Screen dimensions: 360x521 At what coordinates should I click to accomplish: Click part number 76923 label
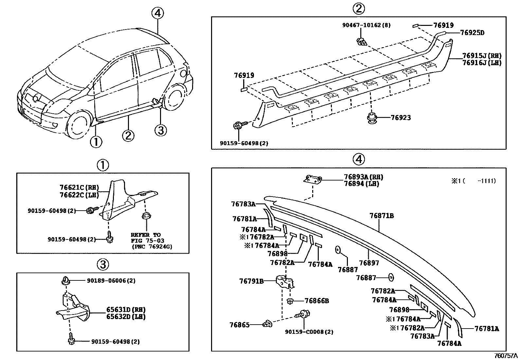pyautogui.click(x=401, y=118)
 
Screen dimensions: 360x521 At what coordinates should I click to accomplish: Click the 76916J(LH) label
pyautogui.click(x=482, y=63)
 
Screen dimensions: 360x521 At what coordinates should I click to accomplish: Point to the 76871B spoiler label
pyautogui.click(x=382, y=216)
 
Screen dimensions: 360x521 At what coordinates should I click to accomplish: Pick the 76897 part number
pyautogui.click(x=369, y=263)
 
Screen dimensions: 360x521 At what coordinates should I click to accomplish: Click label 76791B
pyautogui.click(x=251, y=281)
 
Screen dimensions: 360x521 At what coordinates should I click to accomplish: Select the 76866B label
pyautogui.click(x=316, y=301)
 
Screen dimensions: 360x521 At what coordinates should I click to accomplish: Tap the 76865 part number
pyautogui.click(x=240, y=325)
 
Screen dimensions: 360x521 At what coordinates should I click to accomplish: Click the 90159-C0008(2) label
pyautogui.click(x=309, y=332)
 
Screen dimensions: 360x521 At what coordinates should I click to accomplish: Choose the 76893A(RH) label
pyautogui.click(x=363, y=177)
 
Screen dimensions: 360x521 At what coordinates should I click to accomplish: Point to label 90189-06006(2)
pyautogui.click(x=111, y=281)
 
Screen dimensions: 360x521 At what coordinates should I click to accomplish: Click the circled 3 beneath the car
pyautogui.click(x=160, y=130)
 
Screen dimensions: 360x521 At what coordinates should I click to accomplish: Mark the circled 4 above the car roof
pyautogui.click(x=157, y=13)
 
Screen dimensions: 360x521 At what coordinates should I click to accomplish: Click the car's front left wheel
pyautogui.click(x=78, y=126)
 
